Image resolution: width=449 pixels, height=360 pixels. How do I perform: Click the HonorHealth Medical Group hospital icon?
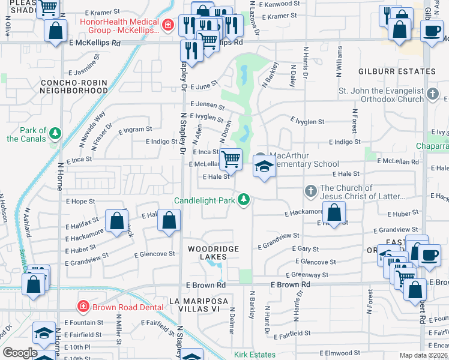click(169, 25)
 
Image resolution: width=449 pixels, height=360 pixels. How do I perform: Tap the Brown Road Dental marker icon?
click(83, 307)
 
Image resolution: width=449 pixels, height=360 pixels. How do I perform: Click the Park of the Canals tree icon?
click(55, 133)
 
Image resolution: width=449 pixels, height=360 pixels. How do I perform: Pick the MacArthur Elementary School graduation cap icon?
click(263, 167)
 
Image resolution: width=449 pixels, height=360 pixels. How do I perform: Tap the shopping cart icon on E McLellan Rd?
click(231, 160)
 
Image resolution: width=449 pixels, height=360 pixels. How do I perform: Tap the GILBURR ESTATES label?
click(397, 71)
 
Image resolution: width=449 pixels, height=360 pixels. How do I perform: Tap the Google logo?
click(20, 352)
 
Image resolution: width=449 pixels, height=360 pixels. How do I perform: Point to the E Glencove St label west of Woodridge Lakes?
click(155, 254)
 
